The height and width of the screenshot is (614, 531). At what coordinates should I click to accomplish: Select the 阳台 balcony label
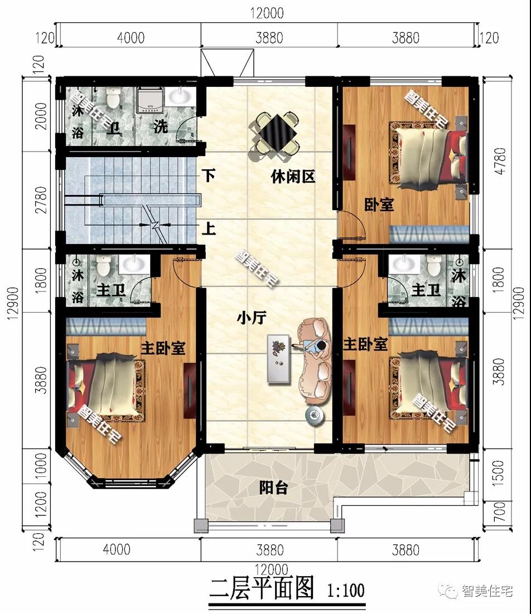274,488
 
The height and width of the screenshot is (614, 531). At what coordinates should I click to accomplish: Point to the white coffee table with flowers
279,358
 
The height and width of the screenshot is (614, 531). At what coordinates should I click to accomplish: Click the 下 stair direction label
209,177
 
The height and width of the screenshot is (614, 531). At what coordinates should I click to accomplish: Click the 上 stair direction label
209,229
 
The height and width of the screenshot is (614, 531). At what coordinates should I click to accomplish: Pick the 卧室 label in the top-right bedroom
379,204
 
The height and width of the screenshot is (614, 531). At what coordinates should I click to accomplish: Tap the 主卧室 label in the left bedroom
162,349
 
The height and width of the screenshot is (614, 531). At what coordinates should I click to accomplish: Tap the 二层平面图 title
262,589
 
